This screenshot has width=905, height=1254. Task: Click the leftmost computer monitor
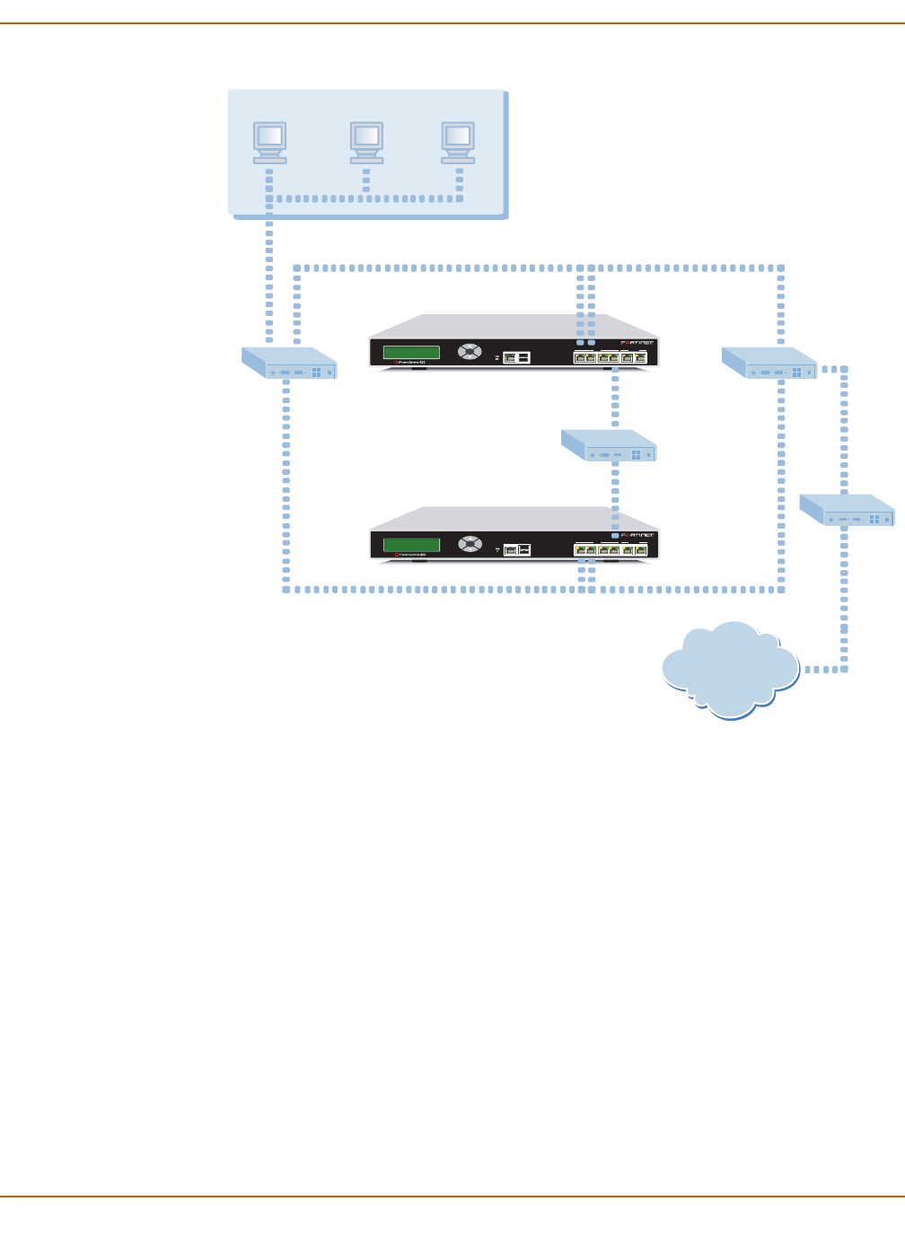tap(269, 141)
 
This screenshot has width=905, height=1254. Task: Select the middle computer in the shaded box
tap(366, 141)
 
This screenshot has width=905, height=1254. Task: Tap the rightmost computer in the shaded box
tap(458, 141)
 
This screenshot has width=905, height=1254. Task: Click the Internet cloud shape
tap(730, 669)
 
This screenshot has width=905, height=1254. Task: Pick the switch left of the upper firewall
tap(289, 363)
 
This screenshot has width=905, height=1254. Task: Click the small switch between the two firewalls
tap(609, 445)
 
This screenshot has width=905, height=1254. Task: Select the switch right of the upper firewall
tap(769, 363)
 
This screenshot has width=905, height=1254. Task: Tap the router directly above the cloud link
tap(847, 509)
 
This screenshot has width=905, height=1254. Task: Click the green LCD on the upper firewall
tap(411, 352)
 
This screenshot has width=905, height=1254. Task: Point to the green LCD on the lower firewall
tap(411, 544)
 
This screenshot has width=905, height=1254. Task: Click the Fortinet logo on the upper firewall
tap(637, 343)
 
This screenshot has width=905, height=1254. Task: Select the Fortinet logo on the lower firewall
tap(637, 535)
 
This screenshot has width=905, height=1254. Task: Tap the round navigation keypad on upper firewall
tap(470, 351)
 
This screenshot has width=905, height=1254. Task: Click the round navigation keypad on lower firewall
tap(470, 543)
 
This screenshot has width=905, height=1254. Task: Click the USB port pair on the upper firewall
tap(517, 357)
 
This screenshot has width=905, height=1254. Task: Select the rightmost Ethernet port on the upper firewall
tap(640, 358)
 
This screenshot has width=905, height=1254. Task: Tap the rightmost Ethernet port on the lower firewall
tap(641, 550)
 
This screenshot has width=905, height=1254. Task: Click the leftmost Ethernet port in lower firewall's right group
tap(580, 550)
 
